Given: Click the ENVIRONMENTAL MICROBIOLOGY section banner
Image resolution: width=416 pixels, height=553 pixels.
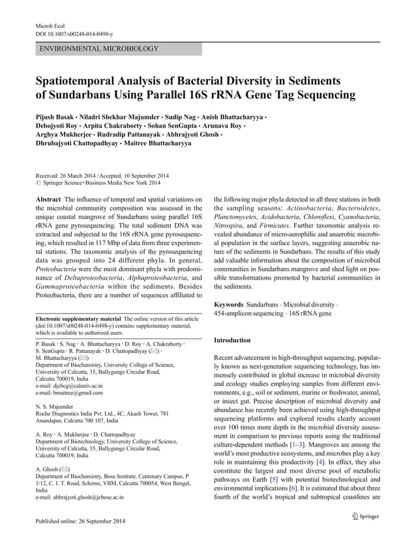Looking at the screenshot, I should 100,49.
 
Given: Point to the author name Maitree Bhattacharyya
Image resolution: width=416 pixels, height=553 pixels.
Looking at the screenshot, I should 157,142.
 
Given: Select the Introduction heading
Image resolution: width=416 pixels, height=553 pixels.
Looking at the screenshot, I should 232,340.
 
